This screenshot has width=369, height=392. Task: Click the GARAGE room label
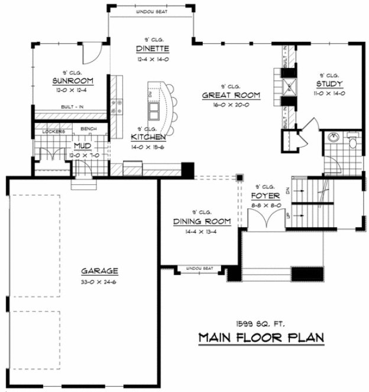[99, 271]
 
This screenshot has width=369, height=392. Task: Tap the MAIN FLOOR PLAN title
[261, 338]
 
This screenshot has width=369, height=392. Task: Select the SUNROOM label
[70, 81]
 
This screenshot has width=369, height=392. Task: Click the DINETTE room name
[152, 48]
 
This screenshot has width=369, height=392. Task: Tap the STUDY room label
[329, 84]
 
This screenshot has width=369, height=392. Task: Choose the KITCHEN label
[148, 137]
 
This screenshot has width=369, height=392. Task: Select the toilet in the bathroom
[352, 142]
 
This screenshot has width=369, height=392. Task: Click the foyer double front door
[263, 221]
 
